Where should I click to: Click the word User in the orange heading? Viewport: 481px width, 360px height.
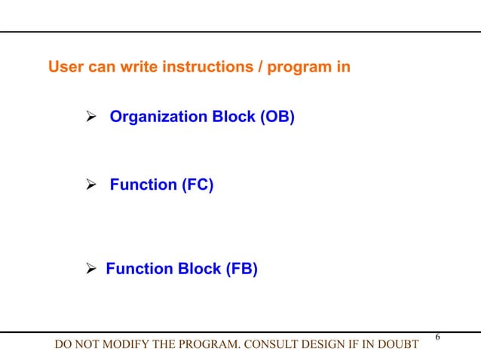[64, 68]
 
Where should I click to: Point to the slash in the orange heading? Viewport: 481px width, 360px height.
[261, 68]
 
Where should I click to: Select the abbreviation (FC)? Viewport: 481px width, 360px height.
[196, 185]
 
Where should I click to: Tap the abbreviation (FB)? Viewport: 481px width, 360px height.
[239, 269]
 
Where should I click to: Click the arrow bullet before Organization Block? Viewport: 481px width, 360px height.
[88, 117]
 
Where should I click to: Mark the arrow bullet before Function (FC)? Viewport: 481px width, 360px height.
[88, 185]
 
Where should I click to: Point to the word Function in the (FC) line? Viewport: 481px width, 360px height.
[142, 185]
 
